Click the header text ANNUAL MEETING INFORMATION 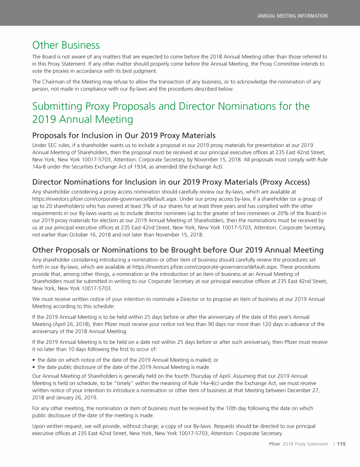pos(292,16)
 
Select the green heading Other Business pos(66,45)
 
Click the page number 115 pos(341,444)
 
